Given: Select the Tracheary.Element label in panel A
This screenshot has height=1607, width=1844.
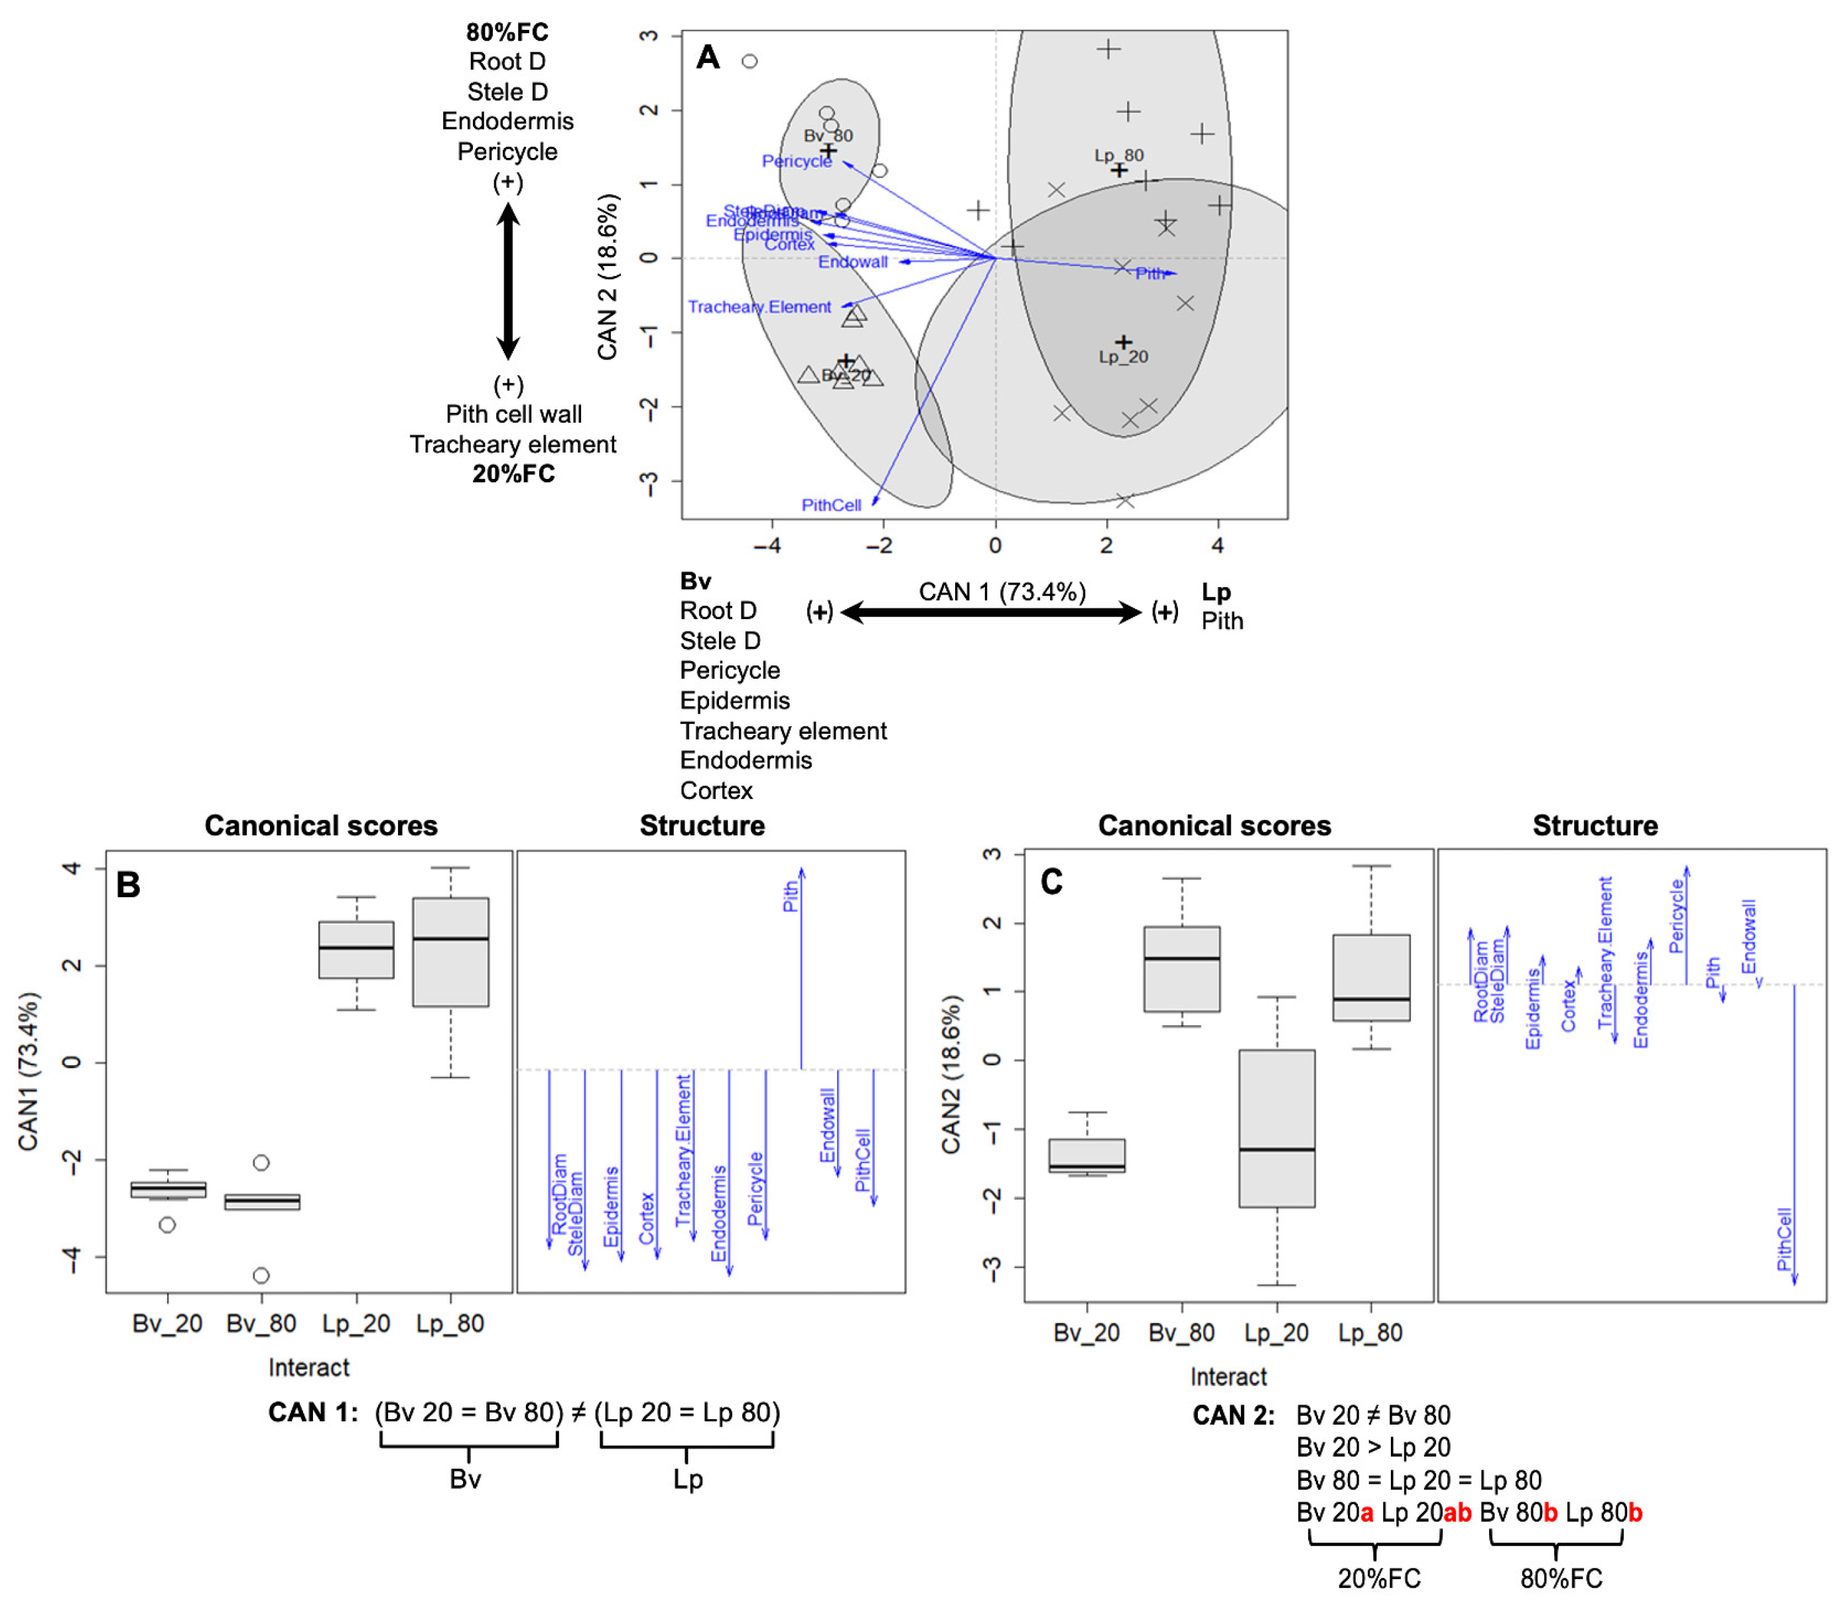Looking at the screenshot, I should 759,307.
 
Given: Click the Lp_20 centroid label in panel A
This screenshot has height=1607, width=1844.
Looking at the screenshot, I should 1122,357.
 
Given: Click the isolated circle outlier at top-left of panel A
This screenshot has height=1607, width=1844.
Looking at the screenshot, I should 750,61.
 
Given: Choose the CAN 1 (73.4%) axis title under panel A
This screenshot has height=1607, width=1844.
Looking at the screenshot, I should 1002,592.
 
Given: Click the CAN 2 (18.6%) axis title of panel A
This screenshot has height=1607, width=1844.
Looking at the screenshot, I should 608,276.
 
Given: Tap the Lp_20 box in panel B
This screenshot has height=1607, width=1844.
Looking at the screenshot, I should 356,949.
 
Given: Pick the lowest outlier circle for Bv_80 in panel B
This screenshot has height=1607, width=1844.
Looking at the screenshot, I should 261,1275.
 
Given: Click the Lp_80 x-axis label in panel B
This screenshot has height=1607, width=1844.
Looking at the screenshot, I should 450,1324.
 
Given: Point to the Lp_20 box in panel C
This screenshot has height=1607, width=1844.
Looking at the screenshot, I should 1277,1128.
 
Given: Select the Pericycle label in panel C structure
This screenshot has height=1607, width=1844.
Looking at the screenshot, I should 1676,915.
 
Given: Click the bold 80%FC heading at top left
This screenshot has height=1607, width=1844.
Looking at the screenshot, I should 507,33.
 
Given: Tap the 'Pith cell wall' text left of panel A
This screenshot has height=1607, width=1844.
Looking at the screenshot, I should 513,414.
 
